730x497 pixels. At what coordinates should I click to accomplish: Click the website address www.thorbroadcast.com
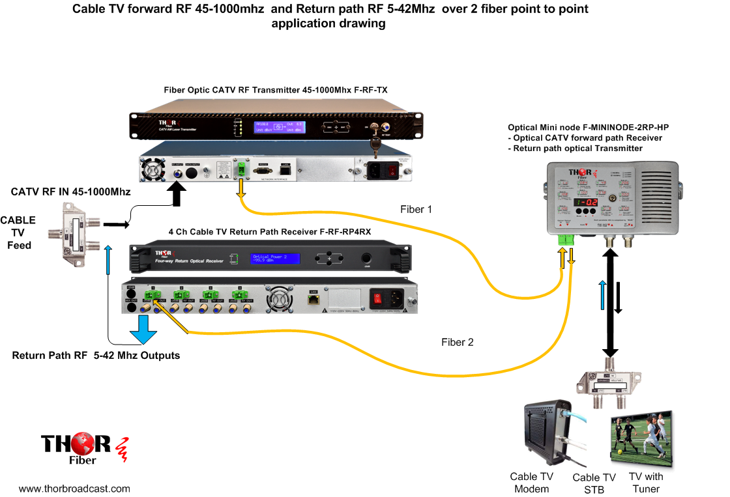[x=74, y=489]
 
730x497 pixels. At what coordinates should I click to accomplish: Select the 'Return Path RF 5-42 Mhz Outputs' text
[x=96, y=356]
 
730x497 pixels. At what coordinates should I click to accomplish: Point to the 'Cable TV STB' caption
[x=594, y=483]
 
